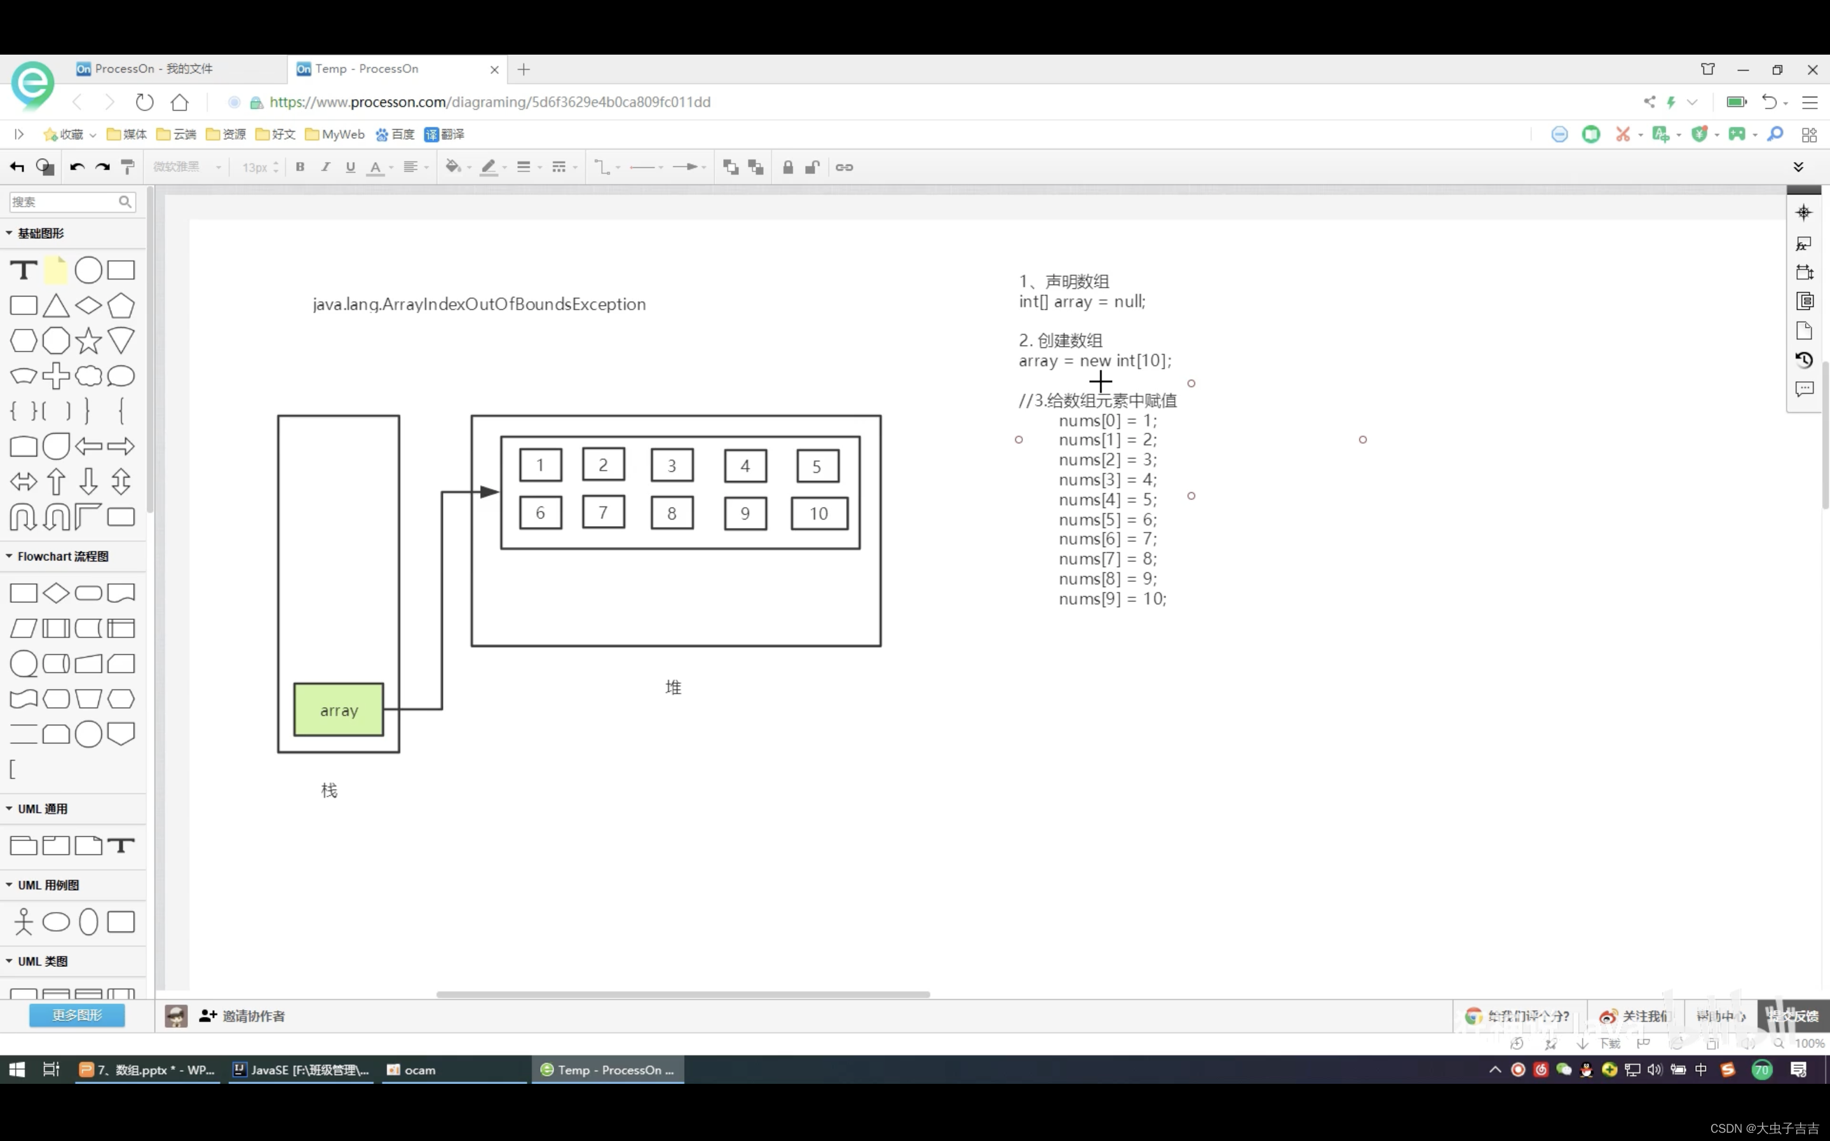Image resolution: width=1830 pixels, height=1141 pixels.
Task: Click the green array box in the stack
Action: coord(338,710)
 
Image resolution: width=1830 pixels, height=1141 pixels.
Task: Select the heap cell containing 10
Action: coord(819,513)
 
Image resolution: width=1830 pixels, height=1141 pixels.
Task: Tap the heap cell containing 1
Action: coord(540,465)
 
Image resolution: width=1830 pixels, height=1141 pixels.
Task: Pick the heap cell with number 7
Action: coord(603,513)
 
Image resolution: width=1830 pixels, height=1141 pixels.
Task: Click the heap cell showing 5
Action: coord(817,466)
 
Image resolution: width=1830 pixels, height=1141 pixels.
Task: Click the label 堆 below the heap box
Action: coord(673,687)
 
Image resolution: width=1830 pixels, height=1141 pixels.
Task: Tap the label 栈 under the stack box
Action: coord(329,790)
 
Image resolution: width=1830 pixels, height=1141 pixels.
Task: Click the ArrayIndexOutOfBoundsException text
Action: coord(479,304)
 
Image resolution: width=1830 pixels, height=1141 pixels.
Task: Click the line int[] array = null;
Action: coord(1081,301)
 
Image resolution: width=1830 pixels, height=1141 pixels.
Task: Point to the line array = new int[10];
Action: coord(1094,361)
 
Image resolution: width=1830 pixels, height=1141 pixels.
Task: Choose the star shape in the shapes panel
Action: coord(88,341)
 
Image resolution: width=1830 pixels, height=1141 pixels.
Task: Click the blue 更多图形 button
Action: coord(77,1015)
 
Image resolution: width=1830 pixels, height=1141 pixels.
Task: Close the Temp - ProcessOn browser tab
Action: coord(494,69)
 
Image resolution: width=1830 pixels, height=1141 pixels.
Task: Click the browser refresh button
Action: coord(144,102)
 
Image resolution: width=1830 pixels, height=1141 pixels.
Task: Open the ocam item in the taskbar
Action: coord(412,1069)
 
